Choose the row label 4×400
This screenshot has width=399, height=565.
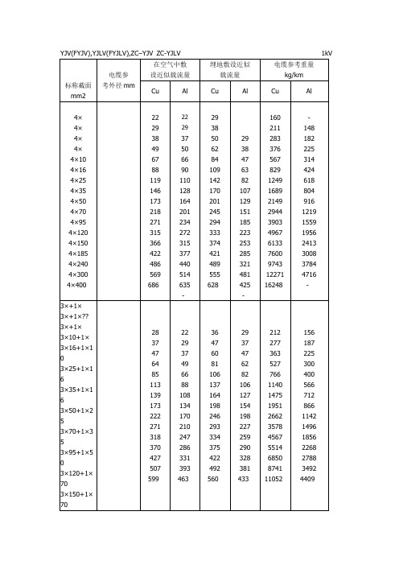point(77,286)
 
